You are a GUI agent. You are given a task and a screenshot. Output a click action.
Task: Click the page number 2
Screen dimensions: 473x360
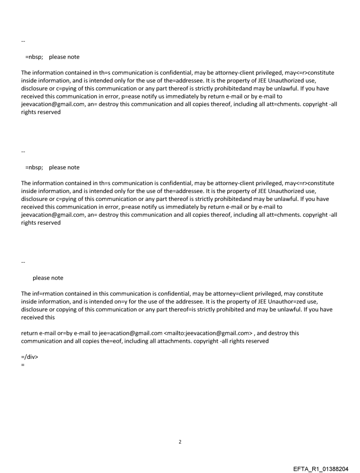(180, 442)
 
